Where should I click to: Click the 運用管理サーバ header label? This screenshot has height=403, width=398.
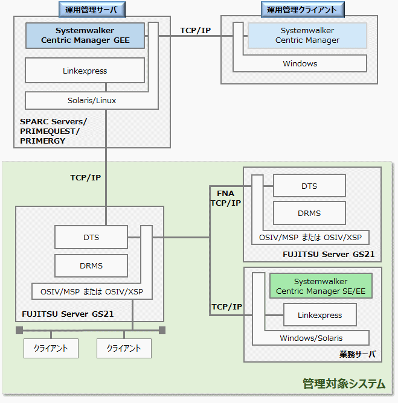[91, 9]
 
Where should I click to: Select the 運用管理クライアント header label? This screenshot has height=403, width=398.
[303, 9]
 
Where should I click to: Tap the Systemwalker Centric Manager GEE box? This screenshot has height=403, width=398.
[85, 36]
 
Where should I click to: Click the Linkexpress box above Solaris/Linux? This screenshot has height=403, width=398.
[85, 71]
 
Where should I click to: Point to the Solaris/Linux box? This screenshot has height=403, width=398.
[91, 100]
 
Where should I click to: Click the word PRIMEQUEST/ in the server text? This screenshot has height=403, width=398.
[50, 131]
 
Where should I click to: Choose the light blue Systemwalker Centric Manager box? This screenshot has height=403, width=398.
[307, 36]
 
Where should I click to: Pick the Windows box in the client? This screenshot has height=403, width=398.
[300, 63]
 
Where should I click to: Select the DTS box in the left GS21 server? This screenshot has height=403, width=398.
[91, 237]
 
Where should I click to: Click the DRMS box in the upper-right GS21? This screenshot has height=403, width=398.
[309, 213]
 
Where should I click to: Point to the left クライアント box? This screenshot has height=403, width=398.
[51, 348]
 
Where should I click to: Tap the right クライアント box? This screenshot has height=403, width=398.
[124, 348]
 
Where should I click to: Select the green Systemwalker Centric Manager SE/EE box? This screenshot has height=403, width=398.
[321, 287]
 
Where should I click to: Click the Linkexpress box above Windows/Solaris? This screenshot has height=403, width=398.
[320, 315]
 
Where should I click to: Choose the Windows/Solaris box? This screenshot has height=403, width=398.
[311, 338]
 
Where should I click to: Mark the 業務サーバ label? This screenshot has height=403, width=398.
[358, 354]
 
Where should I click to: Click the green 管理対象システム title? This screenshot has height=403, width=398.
[344, 383]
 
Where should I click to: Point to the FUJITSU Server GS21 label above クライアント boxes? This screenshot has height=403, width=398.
[68, 314]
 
